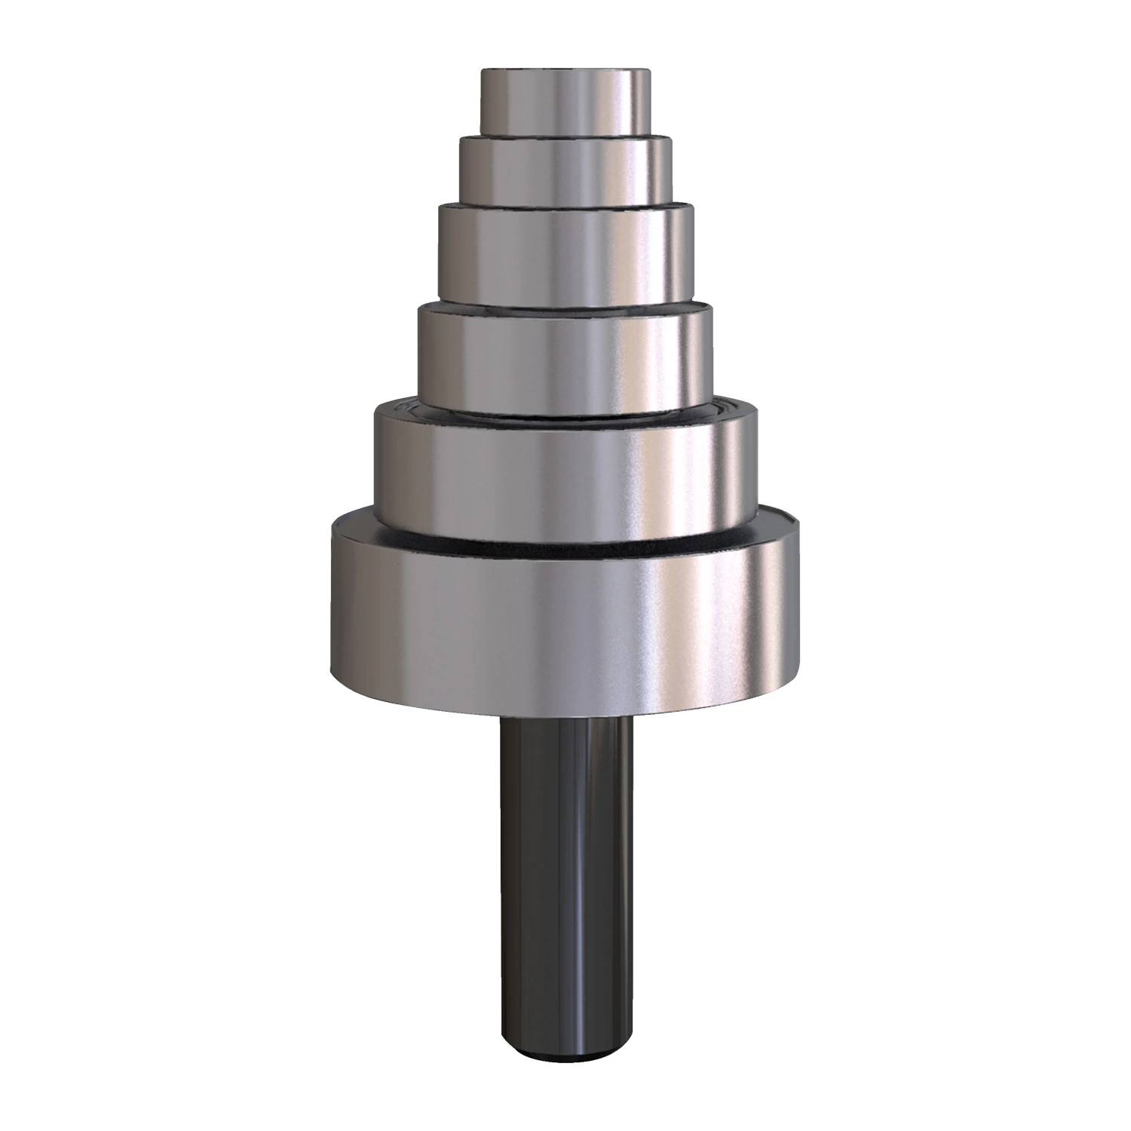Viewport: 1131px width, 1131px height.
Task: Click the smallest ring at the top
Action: (565, 106)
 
